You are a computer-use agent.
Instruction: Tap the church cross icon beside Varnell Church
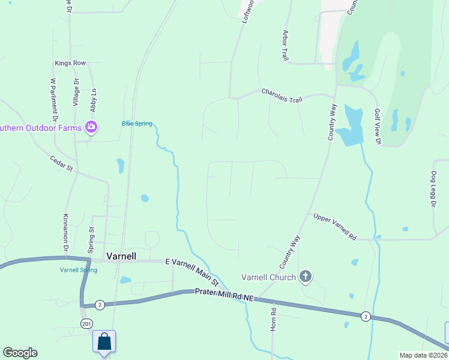coord(306,277)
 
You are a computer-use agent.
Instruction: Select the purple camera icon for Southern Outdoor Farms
coord(91,127)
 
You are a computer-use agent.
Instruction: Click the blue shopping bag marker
coord(104,341)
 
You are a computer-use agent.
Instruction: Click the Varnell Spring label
coord(79,270)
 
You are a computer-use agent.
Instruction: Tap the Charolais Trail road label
coord(282,95)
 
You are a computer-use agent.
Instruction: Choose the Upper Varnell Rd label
coord(335,226)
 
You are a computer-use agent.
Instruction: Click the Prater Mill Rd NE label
coord(224,294)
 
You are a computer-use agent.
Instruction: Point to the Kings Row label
coord(71,62)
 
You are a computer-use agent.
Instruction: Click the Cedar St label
coord(61,163)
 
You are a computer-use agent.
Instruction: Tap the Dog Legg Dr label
coord(433,190)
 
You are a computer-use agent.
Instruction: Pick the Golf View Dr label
coord(378,127)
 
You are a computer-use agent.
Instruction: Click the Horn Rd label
coord(273,319)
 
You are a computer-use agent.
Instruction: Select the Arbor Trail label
coord(285,45)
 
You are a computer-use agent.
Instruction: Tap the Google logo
coord(20,353)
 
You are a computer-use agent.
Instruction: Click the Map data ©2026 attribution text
coord(423,355)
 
